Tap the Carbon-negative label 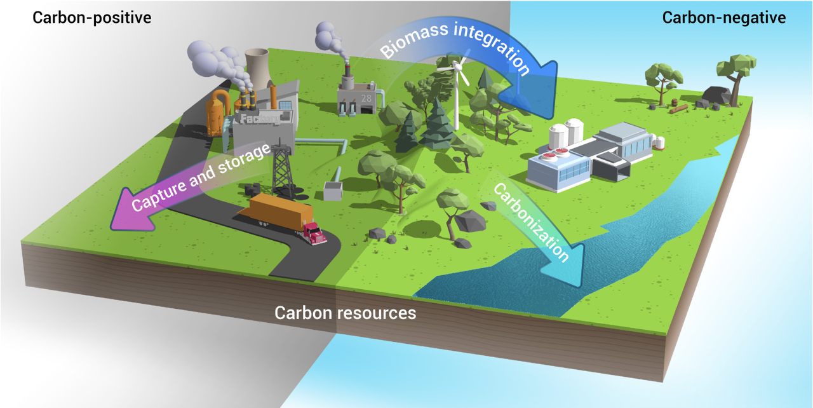pos(723,17)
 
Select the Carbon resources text pos(345,313)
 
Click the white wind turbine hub pos(457,67)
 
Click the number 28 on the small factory pos(366,99)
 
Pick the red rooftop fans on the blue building pos(556,153)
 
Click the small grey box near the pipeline pos(332,190)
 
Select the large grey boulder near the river pos(469,220)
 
